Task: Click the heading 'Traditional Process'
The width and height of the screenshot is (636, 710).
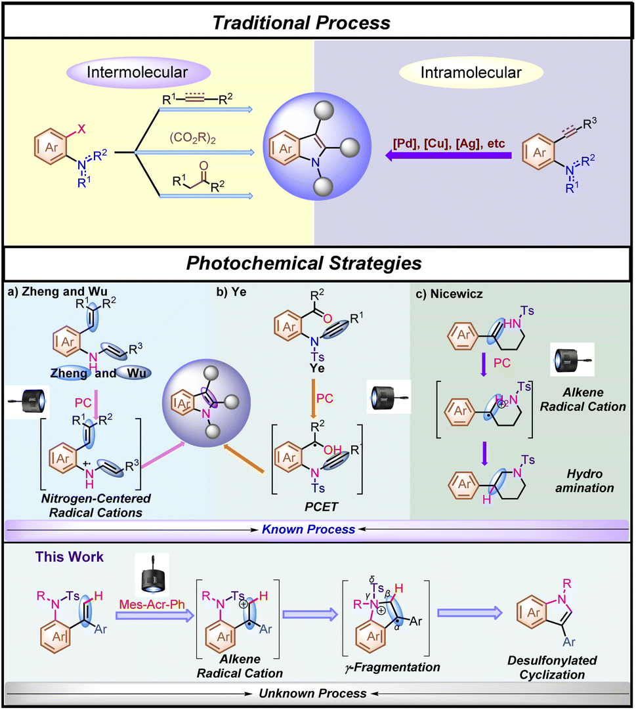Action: (x=318, y=22)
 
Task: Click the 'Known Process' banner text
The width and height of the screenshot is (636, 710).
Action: (x=318, y=529)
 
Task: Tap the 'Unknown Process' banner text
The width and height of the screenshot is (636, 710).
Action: (x=318, y=693)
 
